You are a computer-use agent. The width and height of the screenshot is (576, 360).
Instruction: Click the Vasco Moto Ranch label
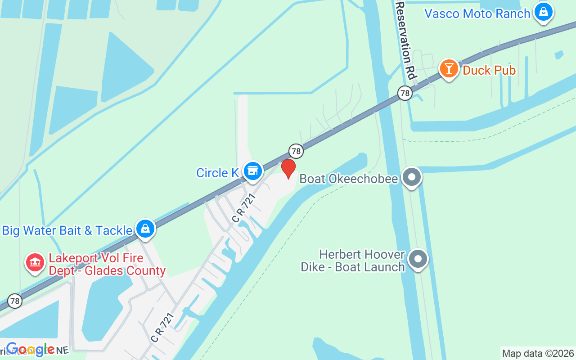click(477, 13)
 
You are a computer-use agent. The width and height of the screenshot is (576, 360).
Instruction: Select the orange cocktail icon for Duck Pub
click(449, 69)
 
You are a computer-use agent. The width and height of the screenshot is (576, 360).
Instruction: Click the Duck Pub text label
click(489, 71)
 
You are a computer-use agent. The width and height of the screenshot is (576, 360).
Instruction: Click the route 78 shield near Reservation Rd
click(405, 93)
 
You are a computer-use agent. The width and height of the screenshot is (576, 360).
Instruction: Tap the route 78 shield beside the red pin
click(296, 151)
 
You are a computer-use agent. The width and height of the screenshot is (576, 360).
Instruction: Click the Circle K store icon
click(253, 171)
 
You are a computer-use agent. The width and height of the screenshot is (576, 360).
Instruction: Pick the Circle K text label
click(217, 173)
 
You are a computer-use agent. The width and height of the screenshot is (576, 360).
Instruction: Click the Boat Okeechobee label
click(349, 179)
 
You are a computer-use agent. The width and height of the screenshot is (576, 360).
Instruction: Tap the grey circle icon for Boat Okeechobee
click(411, 177)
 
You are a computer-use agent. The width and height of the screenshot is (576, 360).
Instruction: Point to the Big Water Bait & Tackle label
click(67, 230)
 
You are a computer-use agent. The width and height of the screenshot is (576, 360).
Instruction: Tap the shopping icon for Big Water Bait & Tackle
click(145, 229)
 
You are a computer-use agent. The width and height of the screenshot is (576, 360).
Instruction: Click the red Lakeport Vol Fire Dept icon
click(35, 262)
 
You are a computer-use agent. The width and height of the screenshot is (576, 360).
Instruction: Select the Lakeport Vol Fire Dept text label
click(107, 265)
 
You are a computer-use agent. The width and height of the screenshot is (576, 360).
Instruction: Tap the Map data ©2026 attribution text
click(538, 353)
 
